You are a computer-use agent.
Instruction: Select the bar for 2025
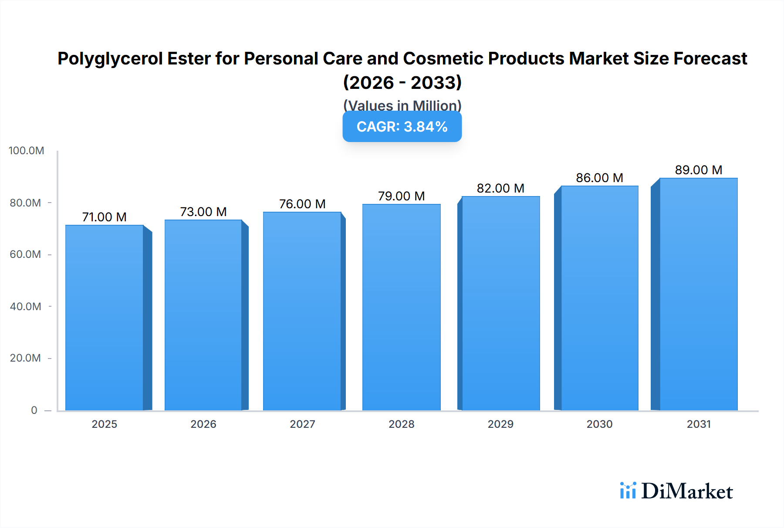click(x=105, y=318)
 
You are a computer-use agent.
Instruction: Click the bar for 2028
click(x=401, y=307)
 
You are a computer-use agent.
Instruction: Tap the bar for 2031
click(x=699, y=294)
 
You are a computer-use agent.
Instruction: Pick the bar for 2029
click(x=501, y=303)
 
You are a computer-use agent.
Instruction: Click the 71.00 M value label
click(x=105, y=217)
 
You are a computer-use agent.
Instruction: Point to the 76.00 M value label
click(x=302, y=204)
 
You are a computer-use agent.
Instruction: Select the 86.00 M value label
click(x=599, y=178)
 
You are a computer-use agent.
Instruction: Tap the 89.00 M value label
click(x=699, y=170)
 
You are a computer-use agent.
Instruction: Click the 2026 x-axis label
click(x=203, y=424)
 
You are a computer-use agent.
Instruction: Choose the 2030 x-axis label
click(x=599, y=424)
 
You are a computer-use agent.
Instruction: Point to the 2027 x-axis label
click(x=302, y=424)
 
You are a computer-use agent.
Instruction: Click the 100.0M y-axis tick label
click(x=26, y=151)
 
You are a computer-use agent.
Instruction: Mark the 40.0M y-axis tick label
click(x=25, y=306)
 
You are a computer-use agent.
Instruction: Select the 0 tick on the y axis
click(x=34, y=410)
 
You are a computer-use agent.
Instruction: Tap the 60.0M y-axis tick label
click(x=25, y=254)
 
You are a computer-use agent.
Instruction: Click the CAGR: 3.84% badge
click(x=402, y=127)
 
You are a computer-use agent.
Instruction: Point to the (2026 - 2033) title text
click(x=402, y=82)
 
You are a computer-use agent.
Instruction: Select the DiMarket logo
click(x=676, y=491)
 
